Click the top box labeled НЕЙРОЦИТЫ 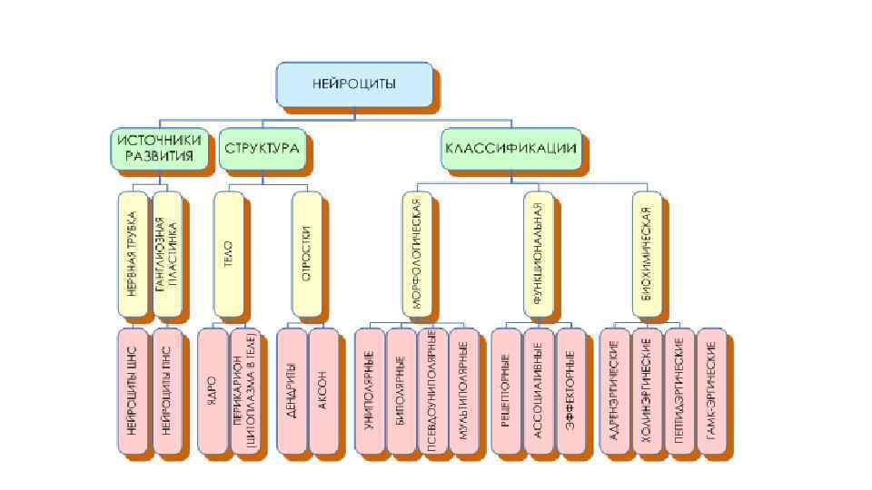tap(353, 83)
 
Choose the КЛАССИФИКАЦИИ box tap(510, 149)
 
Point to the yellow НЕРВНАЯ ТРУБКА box tap(133, 253)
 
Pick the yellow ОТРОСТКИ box tap(307, 253)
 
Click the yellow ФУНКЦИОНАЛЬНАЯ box tap(538, 253)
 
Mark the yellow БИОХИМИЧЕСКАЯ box tap(647, 253)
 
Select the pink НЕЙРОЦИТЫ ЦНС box tap(133, 389)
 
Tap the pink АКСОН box tap(323, 389)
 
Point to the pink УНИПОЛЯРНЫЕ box tap(369, 389)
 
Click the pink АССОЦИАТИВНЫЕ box tap(538, 389)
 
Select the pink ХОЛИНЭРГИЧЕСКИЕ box tap(647, 389)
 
